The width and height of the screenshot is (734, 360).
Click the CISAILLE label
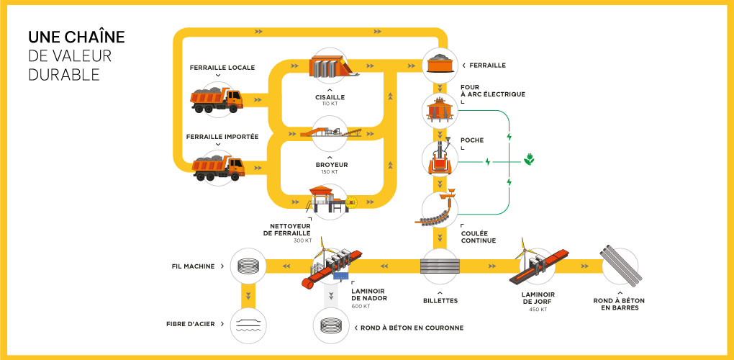(x=330, y=96)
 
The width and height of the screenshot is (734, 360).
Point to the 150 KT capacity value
(x=330, y=172)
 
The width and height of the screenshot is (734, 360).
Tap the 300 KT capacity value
(x=303, y=240)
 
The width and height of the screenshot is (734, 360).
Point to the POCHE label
(x=473, y=140)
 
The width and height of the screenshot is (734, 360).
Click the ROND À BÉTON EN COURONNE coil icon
(x=331, y=326)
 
